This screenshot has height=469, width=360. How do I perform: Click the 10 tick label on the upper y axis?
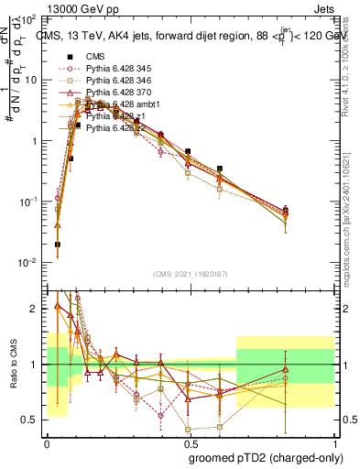pyautogui.click(x=30, y=80)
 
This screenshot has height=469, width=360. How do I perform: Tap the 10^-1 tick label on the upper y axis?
pyautogui.click(x=27, y=202)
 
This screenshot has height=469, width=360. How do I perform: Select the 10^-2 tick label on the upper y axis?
pyautogui.click(x=27, y=263)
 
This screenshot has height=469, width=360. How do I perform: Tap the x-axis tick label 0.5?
pyautogui.click(x=190, y=442)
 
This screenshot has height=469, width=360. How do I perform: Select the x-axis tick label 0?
pyautogui.click(x=46, y=442)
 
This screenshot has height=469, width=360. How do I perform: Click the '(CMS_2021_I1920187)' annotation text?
pyautogui.click(x=190, y=274)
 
